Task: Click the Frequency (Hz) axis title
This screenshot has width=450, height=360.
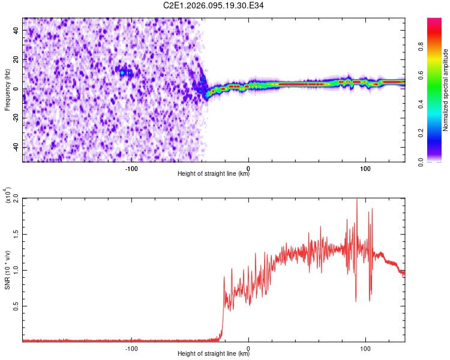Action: tap(7, 90)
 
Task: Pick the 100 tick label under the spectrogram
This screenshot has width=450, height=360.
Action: tap(365, 169)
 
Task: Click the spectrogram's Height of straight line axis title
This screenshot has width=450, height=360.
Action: tap(214, 174)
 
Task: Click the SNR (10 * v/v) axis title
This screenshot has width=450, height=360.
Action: tap(7, 269)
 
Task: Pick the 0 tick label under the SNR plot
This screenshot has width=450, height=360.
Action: tap(248, 349)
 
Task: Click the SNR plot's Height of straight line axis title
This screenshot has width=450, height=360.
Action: tap(214, 354)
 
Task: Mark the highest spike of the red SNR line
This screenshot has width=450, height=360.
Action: tap(357, 200)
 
